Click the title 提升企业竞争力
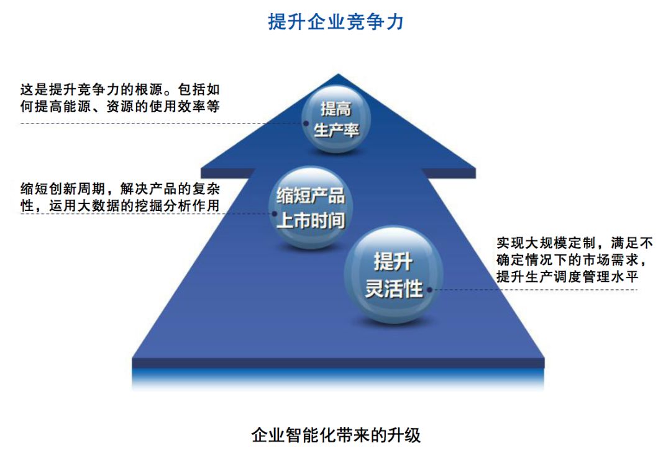click(336, 22)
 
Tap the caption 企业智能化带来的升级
click(336, 434)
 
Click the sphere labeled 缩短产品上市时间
click(310, 208)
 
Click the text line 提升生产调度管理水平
click(567, 277)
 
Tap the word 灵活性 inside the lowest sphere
click(393, 288)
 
